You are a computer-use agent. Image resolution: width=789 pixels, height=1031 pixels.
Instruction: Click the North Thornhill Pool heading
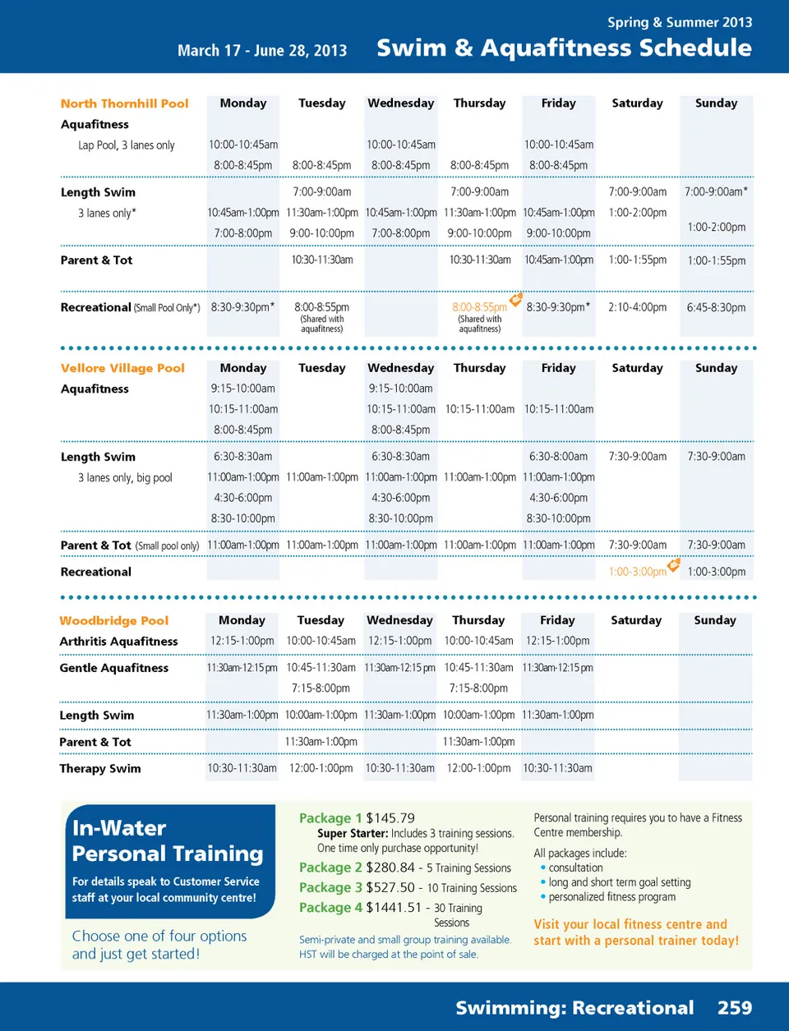(x=124, y=104)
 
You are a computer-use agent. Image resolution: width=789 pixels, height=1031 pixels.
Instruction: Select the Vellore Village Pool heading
(x=122, y=368)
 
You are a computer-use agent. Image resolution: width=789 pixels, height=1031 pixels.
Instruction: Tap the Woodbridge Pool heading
(x=113, y=620)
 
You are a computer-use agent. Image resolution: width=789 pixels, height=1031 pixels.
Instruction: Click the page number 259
(x=734, y=1007)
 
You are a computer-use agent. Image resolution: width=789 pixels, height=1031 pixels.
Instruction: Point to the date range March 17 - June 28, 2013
(x=262, y=50)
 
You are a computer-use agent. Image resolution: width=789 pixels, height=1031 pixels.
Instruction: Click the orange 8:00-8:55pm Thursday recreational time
(x=479, y=307)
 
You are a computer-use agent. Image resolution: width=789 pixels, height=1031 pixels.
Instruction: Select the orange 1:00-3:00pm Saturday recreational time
(x=637, y=572)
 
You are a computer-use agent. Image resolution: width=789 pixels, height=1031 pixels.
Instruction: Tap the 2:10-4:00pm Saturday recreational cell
(x=637, y=307)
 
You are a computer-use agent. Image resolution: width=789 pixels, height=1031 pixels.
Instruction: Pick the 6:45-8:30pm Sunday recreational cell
(x=716, y=307)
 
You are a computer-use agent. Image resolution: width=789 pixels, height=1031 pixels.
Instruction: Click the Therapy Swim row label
(x=99, y=769)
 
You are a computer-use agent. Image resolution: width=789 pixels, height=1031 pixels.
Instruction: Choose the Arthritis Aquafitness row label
(x=118, y=642)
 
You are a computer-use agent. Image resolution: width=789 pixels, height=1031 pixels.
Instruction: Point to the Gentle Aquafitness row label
(x=113, y=668)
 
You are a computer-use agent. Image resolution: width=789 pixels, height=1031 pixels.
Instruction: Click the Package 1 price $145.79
(x=390, y=818)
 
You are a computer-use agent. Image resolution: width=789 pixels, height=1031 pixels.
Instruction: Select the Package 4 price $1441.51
(x=394, y=908)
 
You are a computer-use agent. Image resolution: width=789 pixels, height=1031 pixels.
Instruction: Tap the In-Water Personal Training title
(x=168, y=840)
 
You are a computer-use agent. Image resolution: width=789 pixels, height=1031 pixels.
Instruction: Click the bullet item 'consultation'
(x=575, y=868)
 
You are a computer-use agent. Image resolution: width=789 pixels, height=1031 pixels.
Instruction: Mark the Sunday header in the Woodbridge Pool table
(x=715, y=620)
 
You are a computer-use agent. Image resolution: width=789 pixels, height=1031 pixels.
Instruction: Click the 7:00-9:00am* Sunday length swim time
(x=716, y=191)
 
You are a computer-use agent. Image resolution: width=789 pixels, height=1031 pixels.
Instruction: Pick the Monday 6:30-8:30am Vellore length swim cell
(x=242, y=457)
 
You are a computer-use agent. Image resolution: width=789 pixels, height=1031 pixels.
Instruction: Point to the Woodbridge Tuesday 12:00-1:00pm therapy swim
(x=321, y=768)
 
